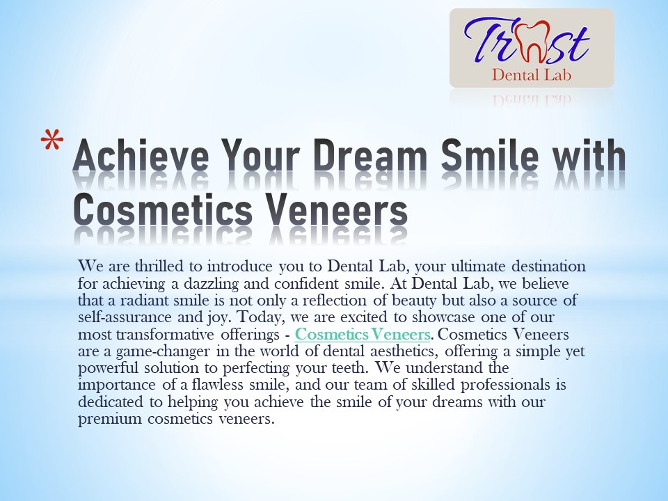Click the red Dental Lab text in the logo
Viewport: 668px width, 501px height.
[x=531, y=74]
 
